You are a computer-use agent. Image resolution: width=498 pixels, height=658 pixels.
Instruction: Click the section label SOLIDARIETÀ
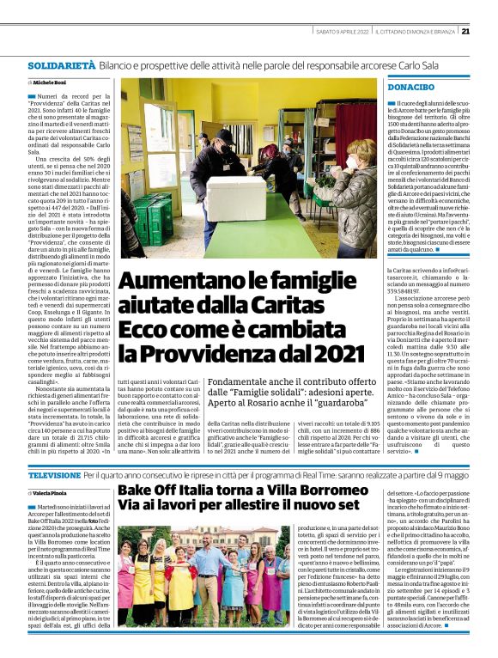click(x=61, y=65)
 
